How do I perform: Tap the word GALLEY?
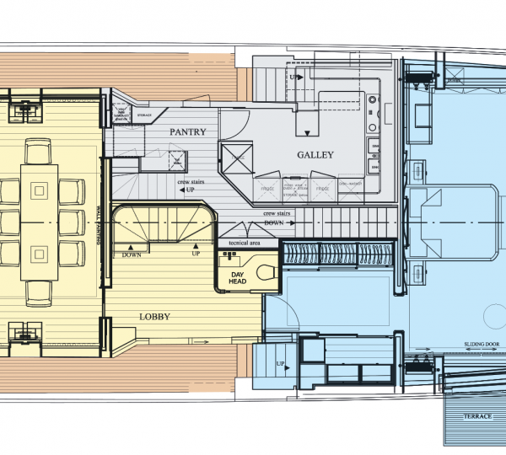tap(316, 155)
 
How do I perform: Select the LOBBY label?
tap(155, 318)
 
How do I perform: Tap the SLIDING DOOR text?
tap(481, 345)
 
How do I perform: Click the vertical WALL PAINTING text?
tap(99, 226)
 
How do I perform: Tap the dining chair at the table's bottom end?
tap(40, 291)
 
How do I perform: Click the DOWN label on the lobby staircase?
tap(132, 254)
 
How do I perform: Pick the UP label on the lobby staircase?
tap(196, 254)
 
